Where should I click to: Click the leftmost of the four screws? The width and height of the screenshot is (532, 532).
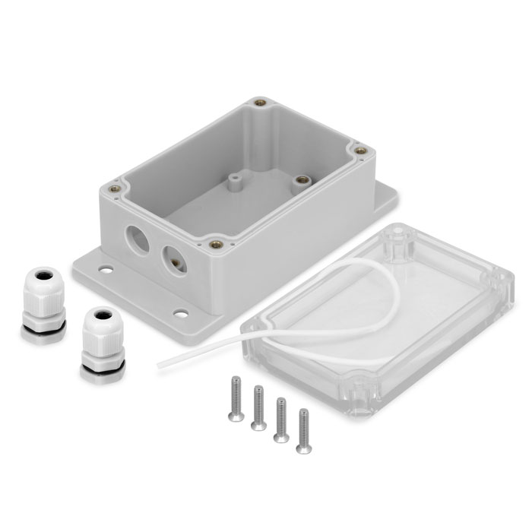pyautogui.click(x=236, y=396)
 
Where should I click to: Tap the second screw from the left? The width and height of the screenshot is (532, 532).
pyautogui.click(x=258, y=407)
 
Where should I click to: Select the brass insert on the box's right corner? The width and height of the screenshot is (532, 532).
pyautogui.click(x=359, y=150)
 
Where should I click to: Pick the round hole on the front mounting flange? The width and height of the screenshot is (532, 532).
pyautogui.click(x=181, y=312)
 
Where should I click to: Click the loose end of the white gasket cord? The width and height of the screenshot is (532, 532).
pyautogui.click(x=160, y=366)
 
